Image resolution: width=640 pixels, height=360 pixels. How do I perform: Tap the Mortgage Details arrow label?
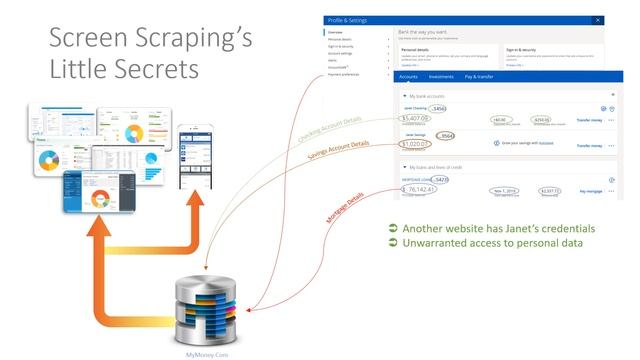point(344,200)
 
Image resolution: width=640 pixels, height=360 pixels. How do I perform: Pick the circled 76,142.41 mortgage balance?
point(421,188)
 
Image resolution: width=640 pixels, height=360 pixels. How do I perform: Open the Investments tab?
point(440,76)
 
